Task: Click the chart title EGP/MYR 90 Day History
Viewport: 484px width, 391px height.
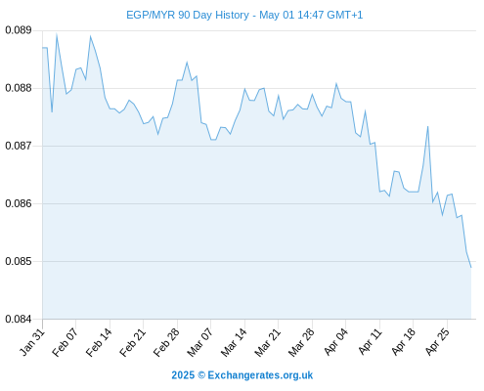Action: click(x=188, y=15)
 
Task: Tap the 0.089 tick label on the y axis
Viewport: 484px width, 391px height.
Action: click(x=19, y=30)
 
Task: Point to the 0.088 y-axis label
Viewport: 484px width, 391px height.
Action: click(x=19, y=88)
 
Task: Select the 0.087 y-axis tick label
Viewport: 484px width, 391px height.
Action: click(x=19, y=146)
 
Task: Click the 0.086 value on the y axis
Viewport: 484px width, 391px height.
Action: click(x=19, y=203)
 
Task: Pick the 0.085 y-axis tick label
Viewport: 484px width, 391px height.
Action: click(x=19, y=261)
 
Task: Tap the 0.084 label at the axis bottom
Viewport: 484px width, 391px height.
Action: click(x=19, y=319)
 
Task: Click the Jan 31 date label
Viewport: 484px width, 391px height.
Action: click(x=32, y=342)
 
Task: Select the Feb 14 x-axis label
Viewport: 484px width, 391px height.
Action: click(x=99, y=342)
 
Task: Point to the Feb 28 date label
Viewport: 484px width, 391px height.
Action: click(x=166, y=342)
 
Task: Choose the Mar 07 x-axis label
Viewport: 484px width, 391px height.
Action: click(x=199, y=342)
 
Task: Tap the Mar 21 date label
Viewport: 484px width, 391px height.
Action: click(x=267, y=342)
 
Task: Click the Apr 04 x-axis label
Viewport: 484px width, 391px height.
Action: click(x=335, y=342)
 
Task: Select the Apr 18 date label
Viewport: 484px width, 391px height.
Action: click(x=403, y=342)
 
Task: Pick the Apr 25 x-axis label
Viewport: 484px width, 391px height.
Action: click(x=437, y=342)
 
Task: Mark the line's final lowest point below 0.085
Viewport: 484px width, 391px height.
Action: click(x=471, y=268)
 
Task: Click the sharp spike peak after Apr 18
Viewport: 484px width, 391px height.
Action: click(x=427, y=126)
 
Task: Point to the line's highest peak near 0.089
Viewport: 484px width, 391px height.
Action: click(x=57, y=34)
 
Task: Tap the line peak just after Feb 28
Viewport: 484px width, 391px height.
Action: click(x=187, y=63)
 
